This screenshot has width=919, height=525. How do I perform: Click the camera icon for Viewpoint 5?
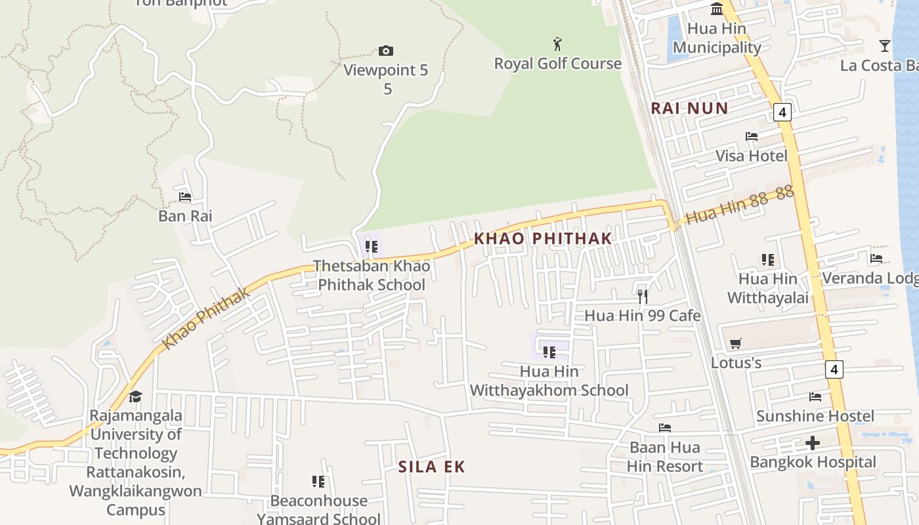coord(386,51)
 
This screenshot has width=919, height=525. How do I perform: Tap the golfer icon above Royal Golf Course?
coord(557,45)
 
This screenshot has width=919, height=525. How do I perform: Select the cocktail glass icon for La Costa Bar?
coord(885,46)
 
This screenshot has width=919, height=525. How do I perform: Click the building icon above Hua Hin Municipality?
coord(717,9)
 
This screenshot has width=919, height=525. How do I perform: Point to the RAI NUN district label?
coord(689,108)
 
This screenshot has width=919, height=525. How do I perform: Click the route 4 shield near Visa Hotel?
coord(782,112)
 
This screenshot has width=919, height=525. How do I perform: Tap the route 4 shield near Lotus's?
coord(834,369)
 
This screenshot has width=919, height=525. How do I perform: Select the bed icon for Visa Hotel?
coord(752,136)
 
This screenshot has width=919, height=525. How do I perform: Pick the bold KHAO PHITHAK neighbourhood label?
coord(543,238)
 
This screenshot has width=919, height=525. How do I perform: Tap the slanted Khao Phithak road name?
coord(206,318)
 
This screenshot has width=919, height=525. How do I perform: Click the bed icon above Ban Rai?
coord(185,196)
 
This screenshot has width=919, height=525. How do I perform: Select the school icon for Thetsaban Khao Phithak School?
coord(372,247)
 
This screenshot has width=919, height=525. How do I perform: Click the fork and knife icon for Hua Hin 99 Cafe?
coord(643,296)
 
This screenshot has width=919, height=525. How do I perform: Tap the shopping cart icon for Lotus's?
coord(736,343)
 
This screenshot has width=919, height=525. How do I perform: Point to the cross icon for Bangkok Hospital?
coord(813,443)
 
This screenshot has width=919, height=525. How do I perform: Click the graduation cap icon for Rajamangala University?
coord(135,396)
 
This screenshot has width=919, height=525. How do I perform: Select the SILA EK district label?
coord(431,467)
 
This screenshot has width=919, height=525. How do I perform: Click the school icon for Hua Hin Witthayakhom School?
coord(549,352)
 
